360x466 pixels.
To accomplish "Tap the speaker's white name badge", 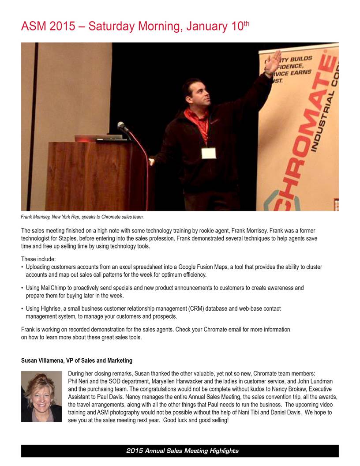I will [x=209, y=153].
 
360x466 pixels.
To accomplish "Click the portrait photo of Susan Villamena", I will [x=41, y=396].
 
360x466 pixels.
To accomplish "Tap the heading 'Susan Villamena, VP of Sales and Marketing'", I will [x=77, y=361].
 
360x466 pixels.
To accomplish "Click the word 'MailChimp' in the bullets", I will [x=58, y=288].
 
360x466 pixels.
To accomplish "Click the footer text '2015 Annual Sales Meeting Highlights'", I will [x=182, y=451].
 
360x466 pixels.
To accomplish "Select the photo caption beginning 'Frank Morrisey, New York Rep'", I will [x=82, y=217].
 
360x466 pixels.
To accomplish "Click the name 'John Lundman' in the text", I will [x=313, y=381].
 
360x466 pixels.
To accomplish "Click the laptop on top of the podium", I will [x=98, y=138].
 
